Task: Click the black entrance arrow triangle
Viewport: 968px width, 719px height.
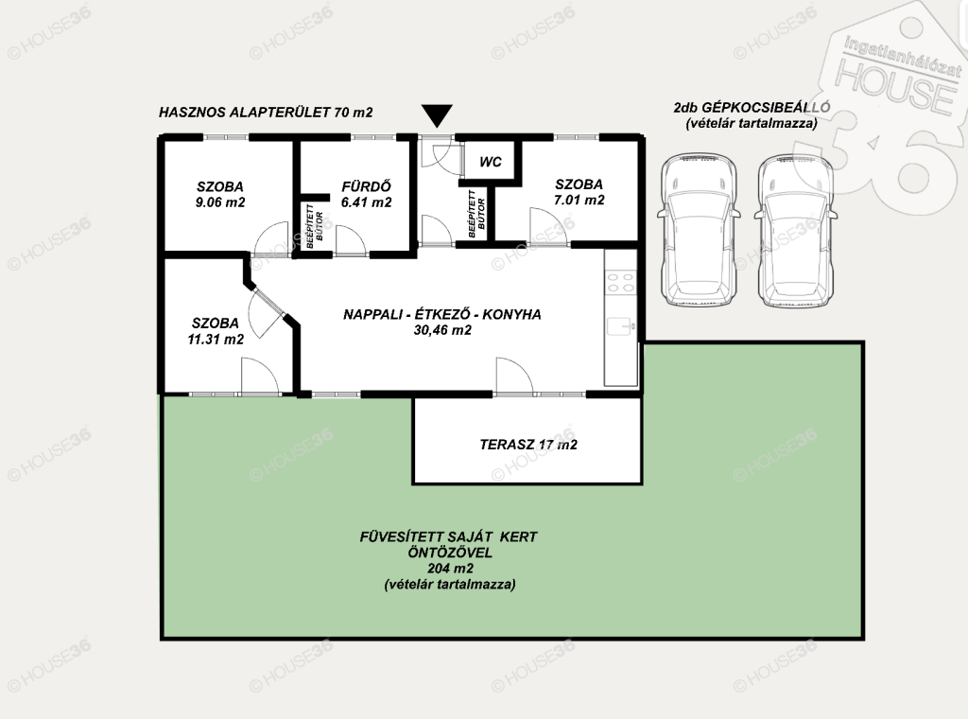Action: [x=437, y=115]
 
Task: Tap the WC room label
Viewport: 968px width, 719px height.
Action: [x=491, y=162]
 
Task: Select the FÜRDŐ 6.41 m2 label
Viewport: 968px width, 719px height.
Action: [x=367, y=194]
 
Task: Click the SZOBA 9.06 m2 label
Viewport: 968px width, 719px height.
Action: [x=220, y=194]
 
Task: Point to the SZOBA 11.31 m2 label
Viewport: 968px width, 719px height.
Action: [x=216, y=331]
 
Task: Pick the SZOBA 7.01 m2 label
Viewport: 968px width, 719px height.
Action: [x=579, y=191]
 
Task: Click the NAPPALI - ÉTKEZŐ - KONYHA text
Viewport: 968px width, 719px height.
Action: [x=442, y=314]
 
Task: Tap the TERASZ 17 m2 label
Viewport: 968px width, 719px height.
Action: [x=528, y=444]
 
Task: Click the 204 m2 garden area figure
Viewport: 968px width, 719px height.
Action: [x=450, y=569]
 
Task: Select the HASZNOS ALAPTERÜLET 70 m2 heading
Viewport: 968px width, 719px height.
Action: [x=266, y=113]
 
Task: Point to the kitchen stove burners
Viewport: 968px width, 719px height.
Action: [x=620, y=282]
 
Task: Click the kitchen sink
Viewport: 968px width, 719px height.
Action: [x=620, y=325]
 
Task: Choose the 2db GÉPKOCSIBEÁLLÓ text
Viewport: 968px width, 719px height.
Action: [x=752, y=107]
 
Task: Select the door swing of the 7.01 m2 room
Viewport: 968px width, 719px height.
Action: [x=547, y=226]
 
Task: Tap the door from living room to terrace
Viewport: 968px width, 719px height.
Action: [x=514, y=376]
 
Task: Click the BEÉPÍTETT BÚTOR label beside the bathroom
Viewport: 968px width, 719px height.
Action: [x=315, y=226]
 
